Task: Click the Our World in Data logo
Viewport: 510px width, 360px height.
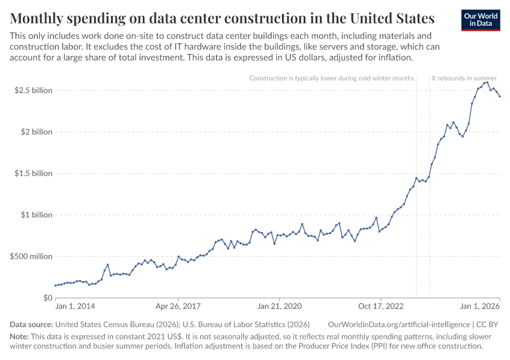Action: [x=481, y=19]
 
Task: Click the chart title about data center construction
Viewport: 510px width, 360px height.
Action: [x=223, y=17]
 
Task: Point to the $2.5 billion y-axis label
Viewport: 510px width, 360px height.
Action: [x=34, y=90]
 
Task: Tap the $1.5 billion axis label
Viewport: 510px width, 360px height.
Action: [x=34, y=173]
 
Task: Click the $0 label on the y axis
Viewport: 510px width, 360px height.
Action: [x=48, y=298]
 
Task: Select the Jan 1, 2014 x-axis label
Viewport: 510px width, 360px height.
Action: [x=75, y=307]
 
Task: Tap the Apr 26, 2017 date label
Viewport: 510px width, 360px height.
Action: [x=178, y=307]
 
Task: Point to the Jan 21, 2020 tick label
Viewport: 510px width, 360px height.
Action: [x=280, y=307]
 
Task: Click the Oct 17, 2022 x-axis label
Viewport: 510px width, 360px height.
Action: [x=381, y=307]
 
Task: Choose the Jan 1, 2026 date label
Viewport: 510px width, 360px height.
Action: [x=481, y=307]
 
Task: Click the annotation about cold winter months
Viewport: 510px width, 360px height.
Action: [x=331, y=78]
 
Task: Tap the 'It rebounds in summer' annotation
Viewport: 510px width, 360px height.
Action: [x=464, y=78]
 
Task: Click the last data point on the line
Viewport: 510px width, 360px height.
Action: [x=500, y=97]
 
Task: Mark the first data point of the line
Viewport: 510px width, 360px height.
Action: [x=55, y=286]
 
